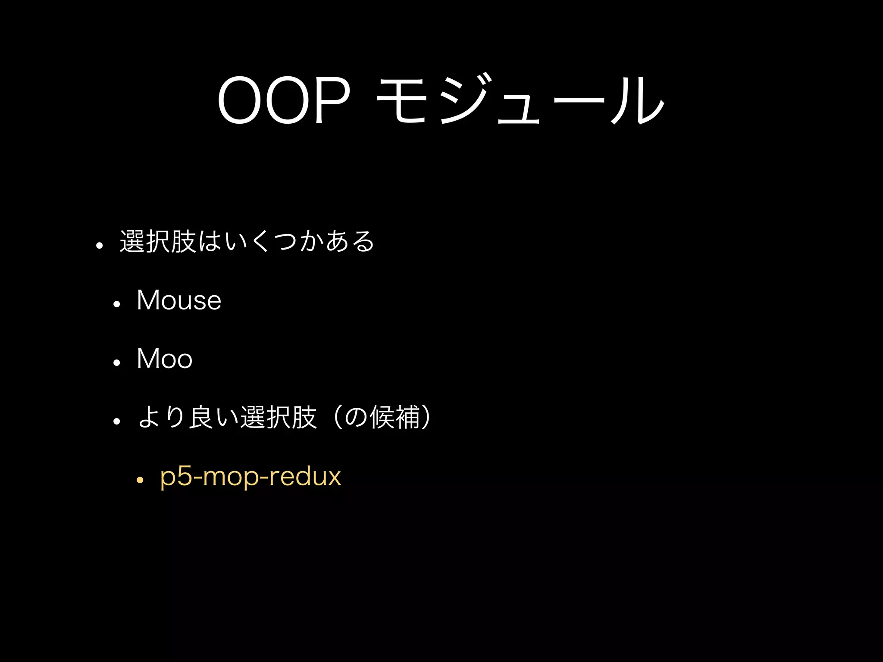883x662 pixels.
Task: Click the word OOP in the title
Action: click(283, 101)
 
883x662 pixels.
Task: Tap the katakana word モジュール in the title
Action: click(520, 100)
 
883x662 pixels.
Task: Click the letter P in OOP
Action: click(332, 101)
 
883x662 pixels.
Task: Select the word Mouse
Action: click(178, 300)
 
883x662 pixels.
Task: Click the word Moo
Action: click(164, 359)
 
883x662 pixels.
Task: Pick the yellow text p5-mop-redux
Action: click(250, 477)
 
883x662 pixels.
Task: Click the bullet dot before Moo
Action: click(116, 363)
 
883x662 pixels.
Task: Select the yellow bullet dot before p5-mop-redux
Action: click(139, 480)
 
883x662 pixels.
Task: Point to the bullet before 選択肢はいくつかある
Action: click(100, 246)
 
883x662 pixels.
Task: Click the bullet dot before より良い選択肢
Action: click(116, 421)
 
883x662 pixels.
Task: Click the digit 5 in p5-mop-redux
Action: click(186, 477)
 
